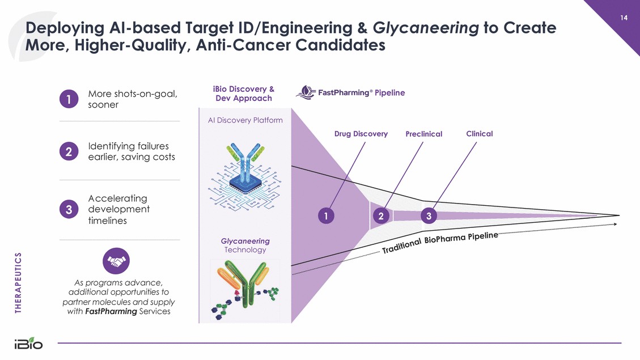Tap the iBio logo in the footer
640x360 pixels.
[x=28, y=344]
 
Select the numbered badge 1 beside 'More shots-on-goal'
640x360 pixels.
[x=69, y=99]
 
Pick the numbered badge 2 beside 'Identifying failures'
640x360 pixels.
[x=69, y=151]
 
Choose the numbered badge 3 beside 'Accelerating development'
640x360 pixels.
[x=69, y=209]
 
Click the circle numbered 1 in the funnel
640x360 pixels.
[x=326, y=216]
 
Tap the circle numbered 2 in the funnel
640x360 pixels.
[x=382, y=216]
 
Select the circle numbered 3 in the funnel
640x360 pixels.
[x=429, y=216]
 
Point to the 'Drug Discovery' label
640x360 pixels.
[x=361, y=134]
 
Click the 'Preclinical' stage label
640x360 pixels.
[x=423, y=134]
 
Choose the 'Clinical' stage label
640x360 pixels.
[x=479, y=134]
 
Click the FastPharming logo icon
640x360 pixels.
[x=306, y=93]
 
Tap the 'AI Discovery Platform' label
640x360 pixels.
[x=245, y=120]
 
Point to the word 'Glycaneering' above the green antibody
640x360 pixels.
[x=245, y=241]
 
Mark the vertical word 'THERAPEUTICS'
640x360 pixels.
[x=18, y=282]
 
